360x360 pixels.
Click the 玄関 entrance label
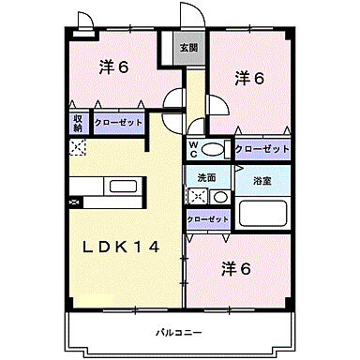(x=189, y=48)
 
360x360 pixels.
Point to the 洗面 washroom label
(x=206, y=177)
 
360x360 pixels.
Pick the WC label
(x=193, y=148)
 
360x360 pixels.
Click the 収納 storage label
(x=77, y=123)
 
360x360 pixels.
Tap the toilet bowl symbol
(x=214, y=149)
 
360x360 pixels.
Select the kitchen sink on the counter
(x=123, y=186)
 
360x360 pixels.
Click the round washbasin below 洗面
(x=218, y=196)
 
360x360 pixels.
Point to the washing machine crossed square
(x=198, y=197)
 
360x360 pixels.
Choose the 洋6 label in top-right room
(x=247, y=79)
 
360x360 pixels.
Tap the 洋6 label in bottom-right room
(x=236, y=268)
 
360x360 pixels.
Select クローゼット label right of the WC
(x=262, y=148)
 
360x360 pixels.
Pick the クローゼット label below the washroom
(x=207, y=219)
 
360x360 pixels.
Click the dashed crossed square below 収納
(x=78, y=147)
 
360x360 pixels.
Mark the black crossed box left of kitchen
(x=76, y=201)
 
